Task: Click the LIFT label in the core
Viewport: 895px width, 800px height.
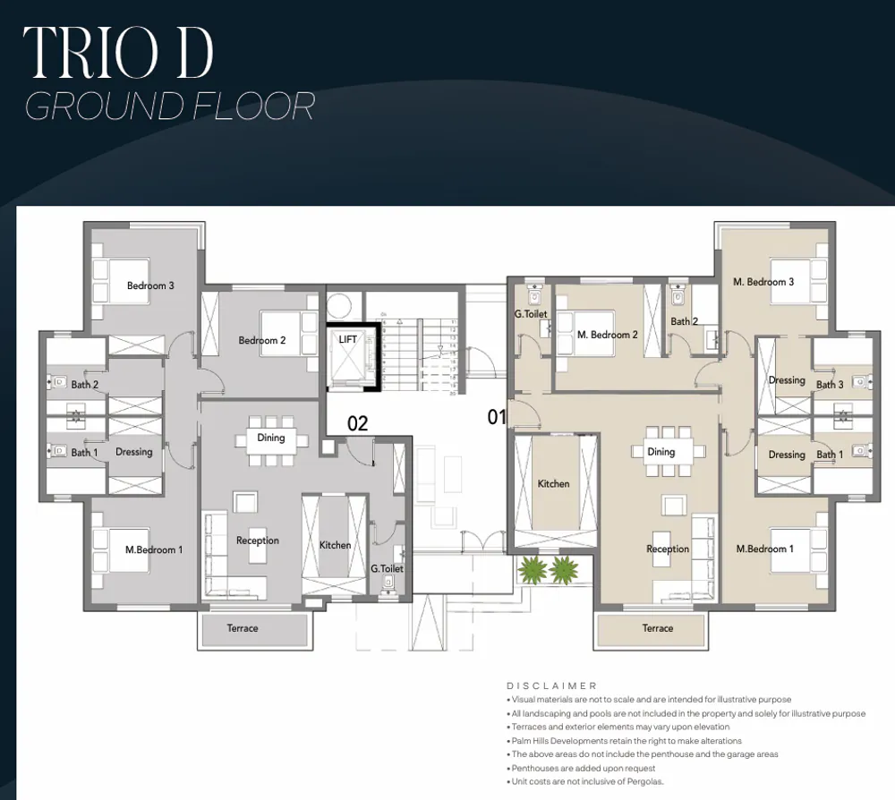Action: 348,340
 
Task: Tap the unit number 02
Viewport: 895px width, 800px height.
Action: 357,423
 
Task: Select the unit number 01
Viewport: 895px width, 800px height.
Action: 497,417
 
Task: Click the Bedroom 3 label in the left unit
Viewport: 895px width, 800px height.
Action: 150,285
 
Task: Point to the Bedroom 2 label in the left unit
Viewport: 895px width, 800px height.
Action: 262,340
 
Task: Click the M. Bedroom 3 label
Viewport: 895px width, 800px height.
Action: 763,282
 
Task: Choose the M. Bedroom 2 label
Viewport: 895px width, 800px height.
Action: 608,335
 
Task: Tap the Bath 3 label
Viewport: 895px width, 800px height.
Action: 830,385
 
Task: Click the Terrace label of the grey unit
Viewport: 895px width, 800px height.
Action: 243,628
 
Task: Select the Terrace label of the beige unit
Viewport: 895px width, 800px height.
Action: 658,628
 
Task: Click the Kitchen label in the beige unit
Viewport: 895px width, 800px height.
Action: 553,483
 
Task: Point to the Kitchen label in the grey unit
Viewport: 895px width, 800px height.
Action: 335,545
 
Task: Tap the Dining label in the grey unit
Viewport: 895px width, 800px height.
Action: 271,438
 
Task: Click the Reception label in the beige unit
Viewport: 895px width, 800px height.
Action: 668,549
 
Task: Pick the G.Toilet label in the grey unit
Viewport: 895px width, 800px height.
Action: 387,568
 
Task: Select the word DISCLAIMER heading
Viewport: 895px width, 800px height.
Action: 551,685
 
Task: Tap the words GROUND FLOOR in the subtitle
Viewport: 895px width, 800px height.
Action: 170,106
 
